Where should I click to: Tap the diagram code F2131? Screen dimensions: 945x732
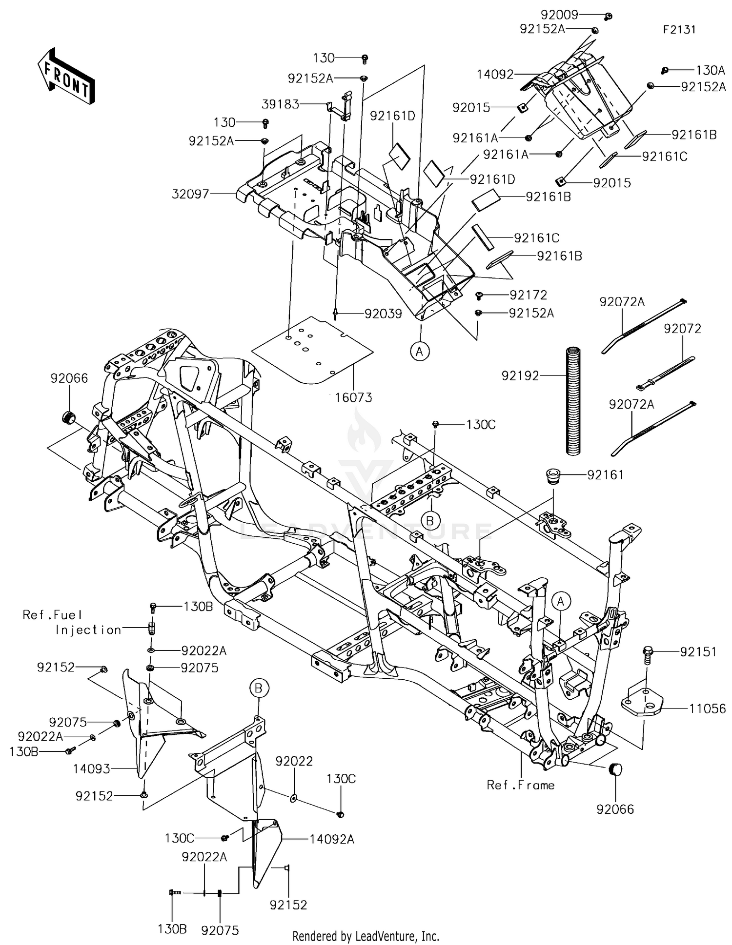[679, 29]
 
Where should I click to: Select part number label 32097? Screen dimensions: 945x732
[190, 194]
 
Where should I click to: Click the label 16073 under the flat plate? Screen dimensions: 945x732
[353, 397]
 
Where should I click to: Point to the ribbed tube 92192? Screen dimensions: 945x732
[573, 400]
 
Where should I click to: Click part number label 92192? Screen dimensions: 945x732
[520, 375]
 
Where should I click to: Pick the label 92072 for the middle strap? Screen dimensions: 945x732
[682, 329]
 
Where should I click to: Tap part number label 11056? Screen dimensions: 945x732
[707, 709]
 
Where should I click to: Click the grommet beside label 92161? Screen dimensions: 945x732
[553, 475]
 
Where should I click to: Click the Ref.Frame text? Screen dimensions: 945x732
[521, 785]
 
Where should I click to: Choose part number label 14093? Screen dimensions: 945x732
[92, 769]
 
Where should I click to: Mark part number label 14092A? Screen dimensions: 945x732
[332, 839]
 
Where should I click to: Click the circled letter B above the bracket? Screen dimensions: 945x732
[259, 688]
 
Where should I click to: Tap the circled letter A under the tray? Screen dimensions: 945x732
[420, 351]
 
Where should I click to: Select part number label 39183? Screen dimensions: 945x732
[280, 104]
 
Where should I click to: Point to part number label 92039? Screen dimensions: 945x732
[383, 314]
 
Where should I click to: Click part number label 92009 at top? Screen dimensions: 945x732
[559, 15]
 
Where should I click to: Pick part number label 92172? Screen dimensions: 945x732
[528, 295]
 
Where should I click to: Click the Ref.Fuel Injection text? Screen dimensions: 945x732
[72, 622]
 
